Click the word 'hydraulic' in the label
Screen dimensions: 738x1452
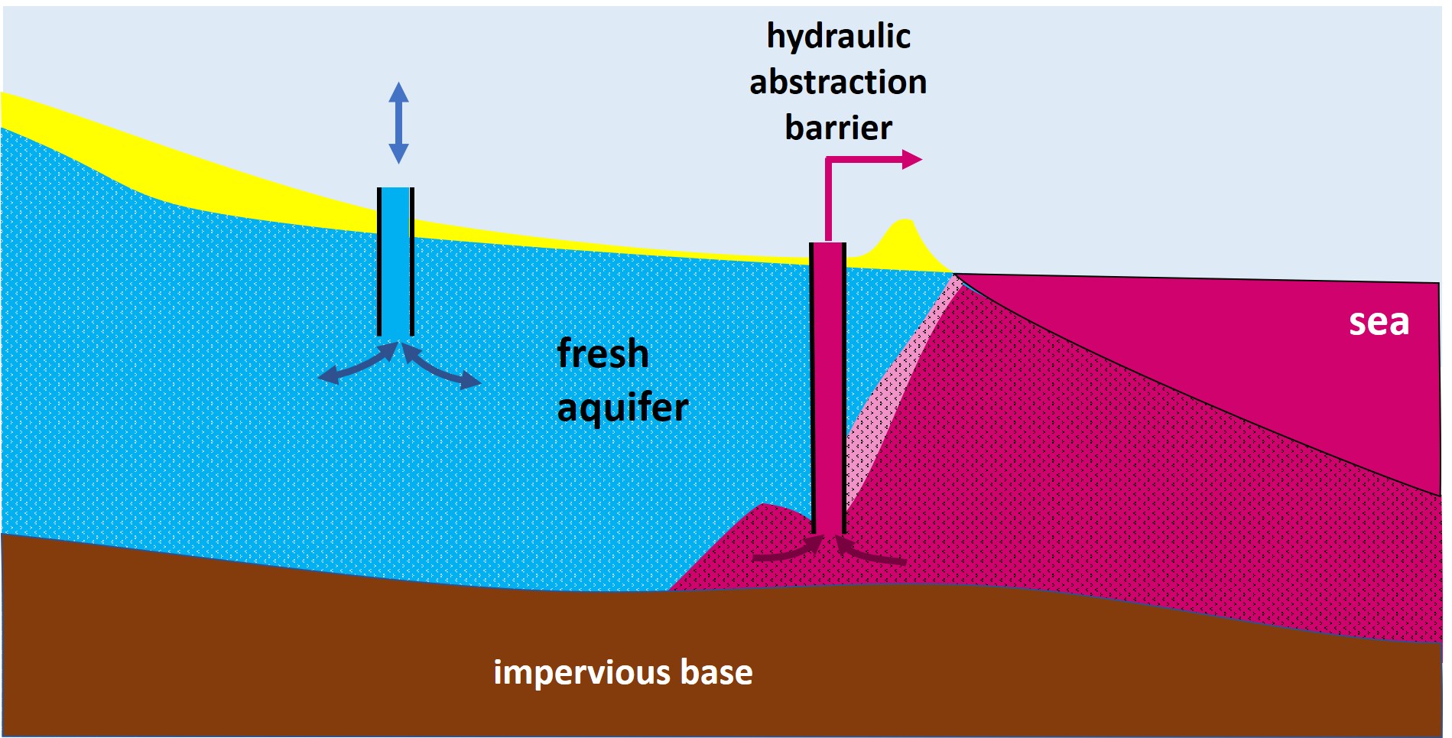click(838, 37)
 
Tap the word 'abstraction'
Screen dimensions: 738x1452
click(838, 82)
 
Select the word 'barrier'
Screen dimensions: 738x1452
click(838, 127)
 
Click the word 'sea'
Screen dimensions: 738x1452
click(1378, 322)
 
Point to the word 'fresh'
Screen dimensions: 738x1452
click(603, 353)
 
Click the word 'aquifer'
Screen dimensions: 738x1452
click(622, 407)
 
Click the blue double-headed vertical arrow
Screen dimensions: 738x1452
click(398, 122)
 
